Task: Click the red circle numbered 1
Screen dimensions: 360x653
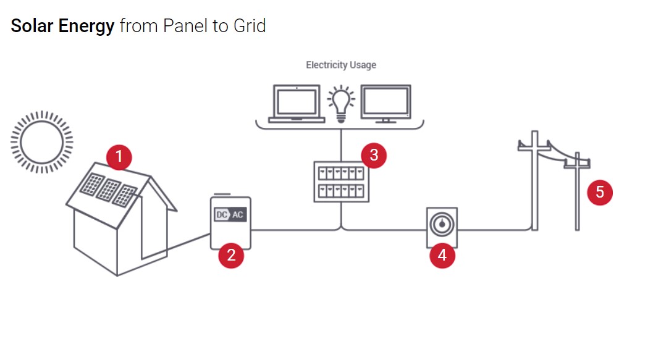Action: pyautogui.click(x=119, y=157)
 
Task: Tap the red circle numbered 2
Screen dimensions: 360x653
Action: pyautogui.click(x=231, y=255)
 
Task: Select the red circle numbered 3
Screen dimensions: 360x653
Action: pyautogui.click(x=374, y=155)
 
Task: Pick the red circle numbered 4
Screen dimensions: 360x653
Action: pyautogui.click(x=442, y=254)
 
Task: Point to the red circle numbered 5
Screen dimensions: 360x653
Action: pyautogui.click(x=599, y=192)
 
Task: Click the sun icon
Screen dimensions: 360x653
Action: pyautogui.click(x=41, y=141)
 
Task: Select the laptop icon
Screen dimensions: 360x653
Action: pyautogui.click(x=297, y=104)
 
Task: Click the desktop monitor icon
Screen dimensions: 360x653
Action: pyautogui.click(x=385, y=103)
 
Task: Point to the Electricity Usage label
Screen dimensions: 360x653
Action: pyautogui.click(x=341, y=65)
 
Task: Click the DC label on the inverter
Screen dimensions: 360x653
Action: pyautogui.click(x=221, y=215)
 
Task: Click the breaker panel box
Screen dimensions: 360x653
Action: pyautogui.click(x=341, y=182)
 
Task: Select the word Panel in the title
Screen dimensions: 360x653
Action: pyautogui.click(x=183, y=26)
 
